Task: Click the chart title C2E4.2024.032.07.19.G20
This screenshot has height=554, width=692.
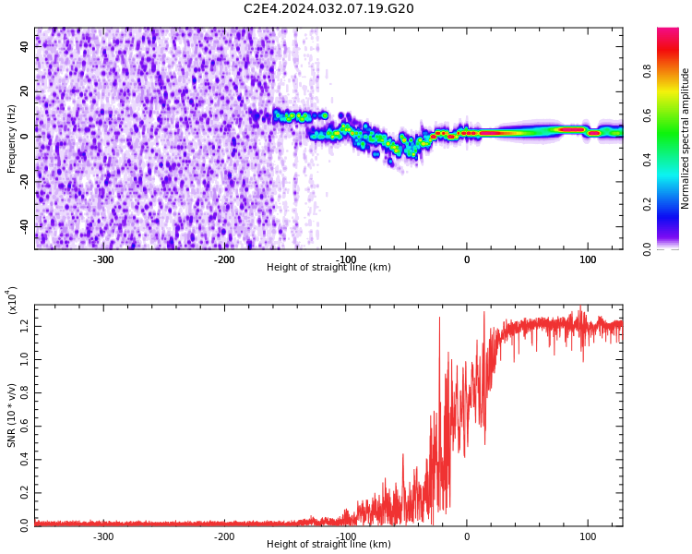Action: [x=328, y=8]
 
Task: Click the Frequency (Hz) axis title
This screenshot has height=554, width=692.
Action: [x=11, y=138]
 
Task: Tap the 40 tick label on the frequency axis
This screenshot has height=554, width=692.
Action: [x=24, y=46]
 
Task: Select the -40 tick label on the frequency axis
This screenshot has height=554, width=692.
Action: [x=24, y=226]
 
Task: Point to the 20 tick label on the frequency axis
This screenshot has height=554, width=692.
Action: [x=24, y=91]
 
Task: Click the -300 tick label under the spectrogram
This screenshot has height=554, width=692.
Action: [x=103, y=259]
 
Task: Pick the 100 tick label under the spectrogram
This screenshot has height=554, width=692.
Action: [x=588, y=259]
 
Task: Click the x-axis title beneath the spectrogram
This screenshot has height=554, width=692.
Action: [x=328, y=267]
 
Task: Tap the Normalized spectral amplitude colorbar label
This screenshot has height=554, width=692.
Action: [x=685, y=138]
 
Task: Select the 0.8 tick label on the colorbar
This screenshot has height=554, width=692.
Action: [x=647, y=71]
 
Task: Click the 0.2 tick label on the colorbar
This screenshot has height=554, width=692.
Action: [x=647, y=205]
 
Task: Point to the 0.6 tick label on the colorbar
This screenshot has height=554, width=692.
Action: [x=647, y=115]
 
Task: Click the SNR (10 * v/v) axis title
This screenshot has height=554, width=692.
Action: [x=11, y=415]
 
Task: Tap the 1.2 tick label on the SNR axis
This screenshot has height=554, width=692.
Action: [x=24, y=327]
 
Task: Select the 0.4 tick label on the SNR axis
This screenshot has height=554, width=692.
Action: [x=24, y=460]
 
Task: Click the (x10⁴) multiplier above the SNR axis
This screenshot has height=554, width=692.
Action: [x=12, y=300]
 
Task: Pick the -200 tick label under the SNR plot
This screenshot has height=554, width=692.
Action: [x=224, y=536]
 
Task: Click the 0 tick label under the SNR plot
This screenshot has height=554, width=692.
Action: [x=467, y=536]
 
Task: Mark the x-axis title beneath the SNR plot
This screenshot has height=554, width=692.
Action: [x=328, y=544]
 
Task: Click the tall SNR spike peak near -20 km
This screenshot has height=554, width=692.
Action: [x=439, y=318]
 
